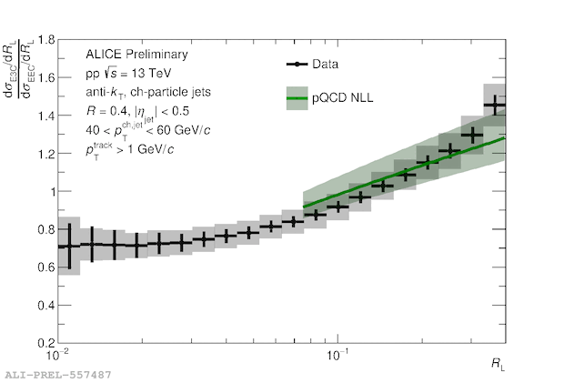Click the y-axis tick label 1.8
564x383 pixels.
45,41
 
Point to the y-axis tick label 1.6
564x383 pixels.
45,78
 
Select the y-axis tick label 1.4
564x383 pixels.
45,116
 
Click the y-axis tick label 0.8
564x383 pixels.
45,230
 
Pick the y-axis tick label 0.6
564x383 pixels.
45,268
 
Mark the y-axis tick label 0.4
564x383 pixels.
45,306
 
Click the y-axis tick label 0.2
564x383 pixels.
45,344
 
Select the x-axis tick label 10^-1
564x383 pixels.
337,354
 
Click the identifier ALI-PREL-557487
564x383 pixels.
58,374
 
